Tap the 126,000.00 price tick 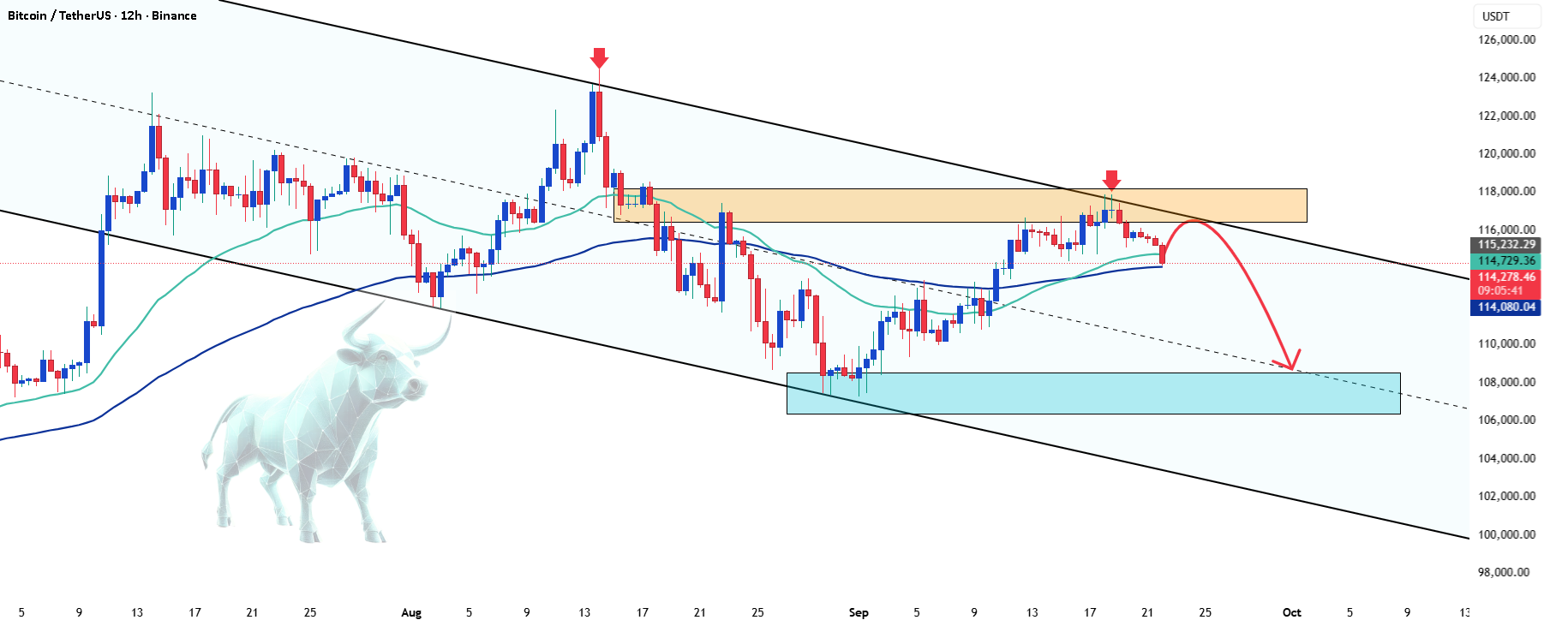(x=1506, y=39)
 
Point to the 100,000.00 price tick (x=1506, y=534)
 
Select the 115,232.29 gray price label (x=1506, y=244)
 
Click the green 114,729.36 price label (x=1506, y=260)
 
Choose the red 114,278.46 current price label (x=1506, y=277)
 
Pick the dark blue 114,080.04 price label (x=1506, y=307)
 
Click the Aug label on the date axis (x=411, y=612)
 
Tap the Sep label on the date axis (x=859, y=612)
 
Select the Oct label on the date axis (x=1291, y=612)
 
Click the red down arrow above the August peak (x=599, y=58)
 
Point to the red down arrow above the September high (x=1111, y=180)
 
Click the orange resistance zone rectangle (x=961, y=206)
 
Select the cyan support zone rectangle (x=1093, y=393)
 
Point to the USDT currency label (x=1496, y=16)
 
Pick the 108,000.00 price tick (x=1506, y=382)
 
